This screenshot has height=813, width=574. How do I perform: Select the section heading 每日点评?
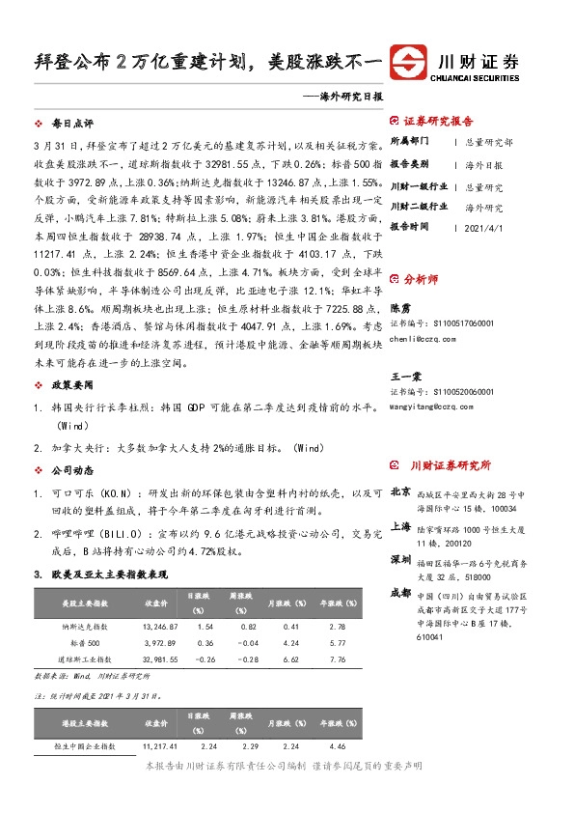coord(72,125)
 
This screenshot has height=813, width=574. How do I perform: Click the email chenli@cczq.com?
coord(426,339)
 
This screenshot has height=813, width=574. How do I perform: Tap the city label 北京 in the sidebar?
coord(400,492)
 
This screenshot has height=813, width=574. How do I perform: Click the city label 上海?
coord(400,527)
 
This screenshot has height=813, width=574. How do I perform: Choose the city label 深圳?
coord(400,560)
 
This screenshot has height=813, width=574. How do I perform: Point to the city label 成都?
coord(400,593)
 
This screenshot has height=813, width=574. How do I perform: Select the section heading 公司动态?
coord(72,470)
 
